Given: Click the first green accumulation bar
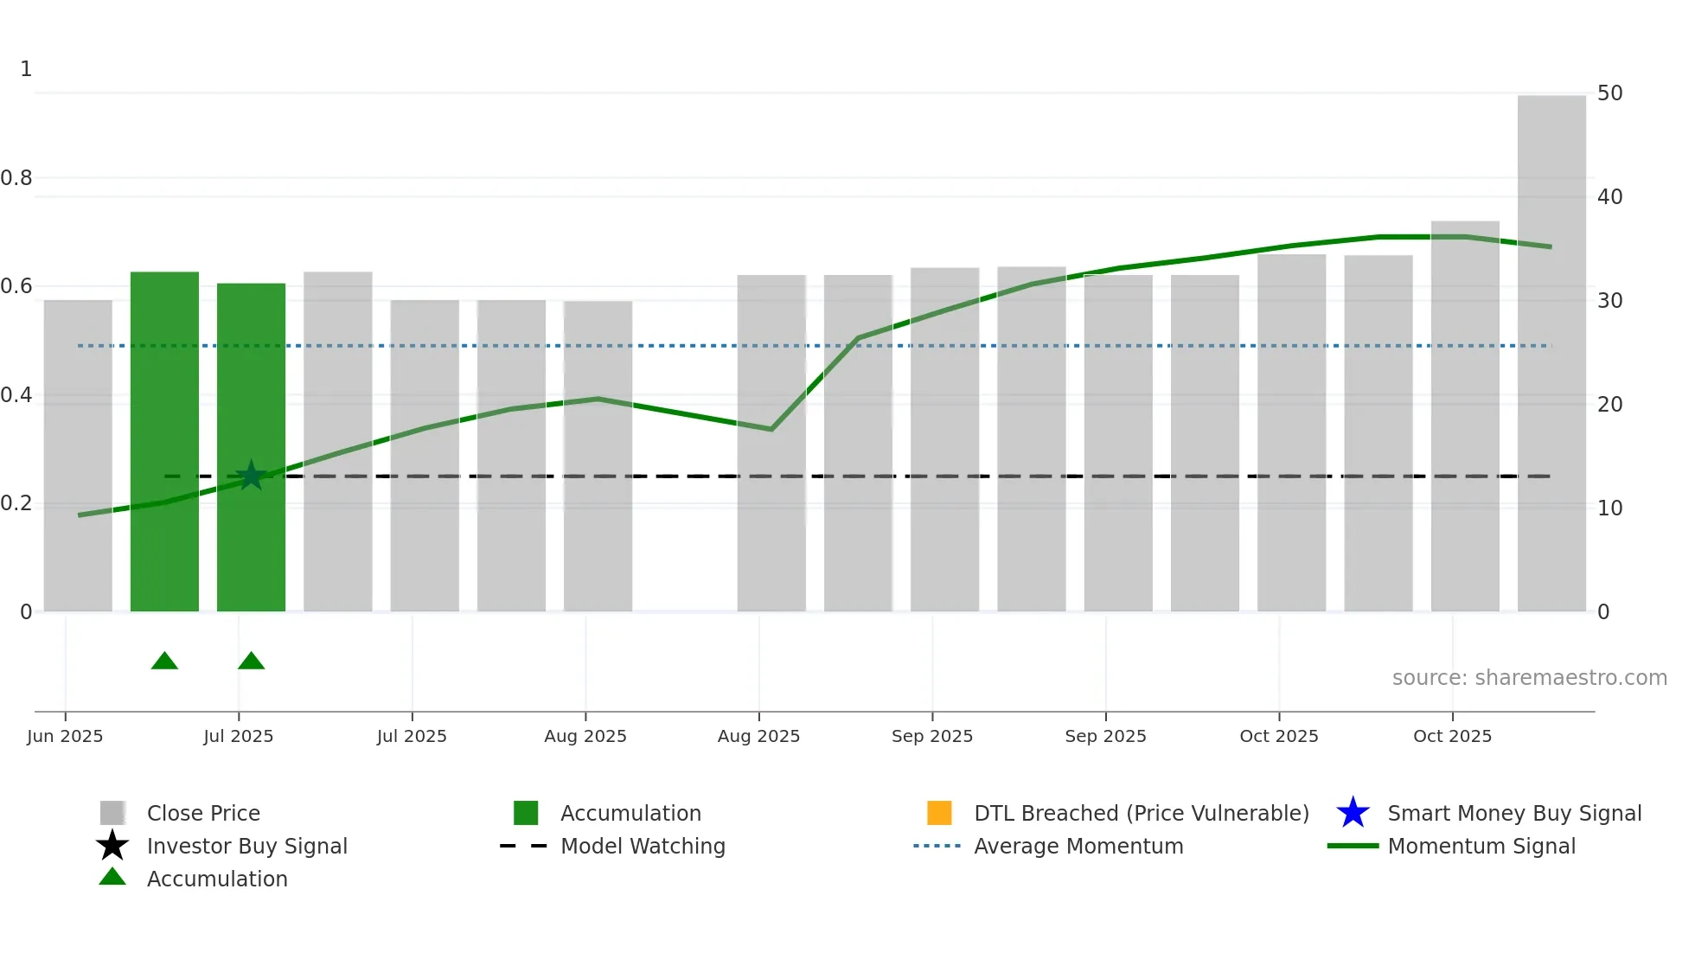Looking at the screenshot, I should [164, 441].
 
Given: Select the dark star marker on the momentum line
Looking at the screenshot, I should [251, 475].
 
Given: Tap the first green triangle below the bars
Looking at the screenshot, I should [164, 662].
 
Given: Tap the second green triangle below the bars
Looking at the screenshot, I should [251, 662].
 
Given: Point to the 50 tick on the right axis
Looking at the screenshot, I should [1609, 93].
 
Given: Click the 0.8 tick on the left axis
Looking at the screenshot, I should [16, 178].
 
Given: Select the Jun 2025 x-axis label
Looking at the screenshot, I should [65, 736].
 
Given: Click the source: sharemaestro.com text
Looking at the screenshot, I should [1529, 677].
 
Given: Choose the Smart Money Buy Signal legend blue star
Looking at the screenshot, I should [1353, 813].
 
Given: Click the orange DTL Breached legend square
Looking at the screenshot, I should [938, 813].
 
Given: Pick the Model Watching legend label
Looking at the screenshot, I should [643, 846].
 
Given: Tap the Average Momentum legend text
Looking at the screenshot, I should [1078, 846].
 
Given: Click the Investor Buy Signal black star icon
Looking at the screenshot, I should [112, 846].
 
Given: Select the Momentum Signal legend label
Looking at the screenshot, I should [1481, 846].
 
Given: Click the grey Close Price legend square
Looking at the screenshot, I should [112, 813].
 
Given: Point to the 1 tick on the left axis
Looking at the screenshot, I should [26, 69].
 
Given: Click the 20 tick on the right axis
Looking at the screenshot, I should [1609, 405].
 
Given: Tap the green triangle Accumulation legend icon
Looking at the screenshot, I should [112, 877].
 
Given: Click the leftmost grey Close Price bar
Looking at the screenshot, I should [78, 456].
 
